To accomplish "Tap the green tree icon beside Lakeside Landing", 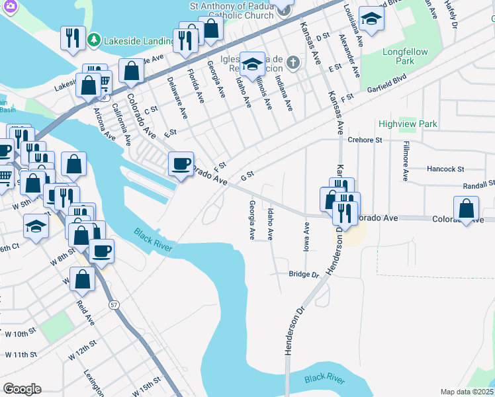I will (95, 40).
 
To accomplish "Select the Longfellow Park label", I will (405, 56).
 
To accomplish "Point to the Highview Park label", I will (408, 124).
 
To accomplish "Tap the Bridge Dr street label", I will (304, 275).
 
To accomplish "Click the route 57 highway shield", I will (114, 304).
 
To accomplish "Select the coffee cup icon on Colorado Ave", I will (180, 163).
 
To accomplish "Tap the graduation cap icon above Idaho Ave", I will (252, 64).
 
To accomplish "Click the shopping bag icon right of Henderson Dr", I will (467, 208).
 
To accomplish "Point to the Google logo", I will (22, 389).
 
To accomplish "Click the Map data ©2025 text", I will (467, 392).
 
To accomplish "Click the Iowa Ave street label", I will (306, 236).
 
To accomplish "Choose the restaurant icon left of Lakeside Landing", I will (71, 37).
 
